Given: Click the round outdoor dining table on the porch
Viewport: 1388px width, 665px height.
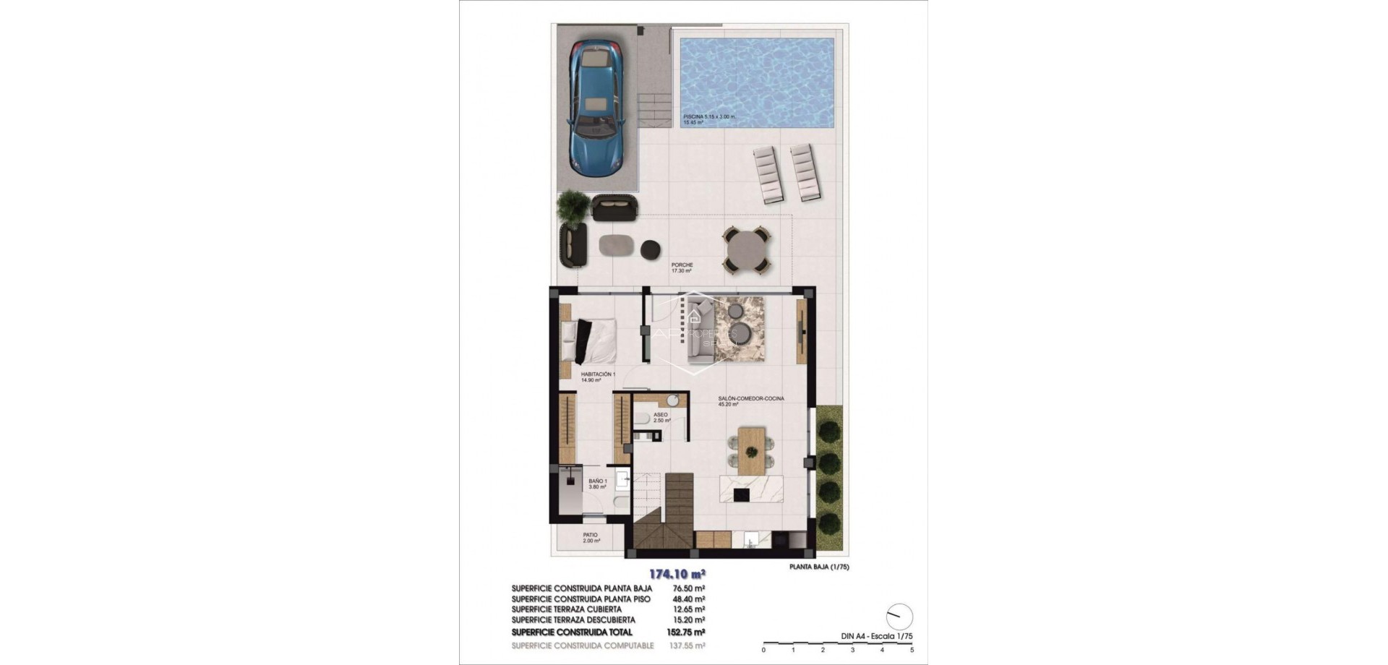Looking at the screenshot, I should click(x=747, y=251).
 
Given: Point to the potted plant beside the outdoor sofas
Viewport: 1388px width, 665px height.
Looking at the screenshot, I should click(x=573, y=206).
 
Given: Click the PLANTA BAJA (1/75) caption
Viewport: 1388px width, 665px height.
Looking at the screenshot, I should click(x=819, y=567).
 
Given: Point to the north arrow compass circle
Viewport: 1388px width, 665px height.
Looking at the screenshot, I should click(x=899, y=617).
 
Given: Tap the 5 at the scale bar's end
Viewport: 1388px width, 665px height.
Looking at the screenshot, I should click(x=912, y=650).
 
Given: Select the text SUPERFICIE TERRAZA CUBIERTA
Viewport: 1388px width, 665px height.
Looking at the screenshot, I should click(x=566, y=609).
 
